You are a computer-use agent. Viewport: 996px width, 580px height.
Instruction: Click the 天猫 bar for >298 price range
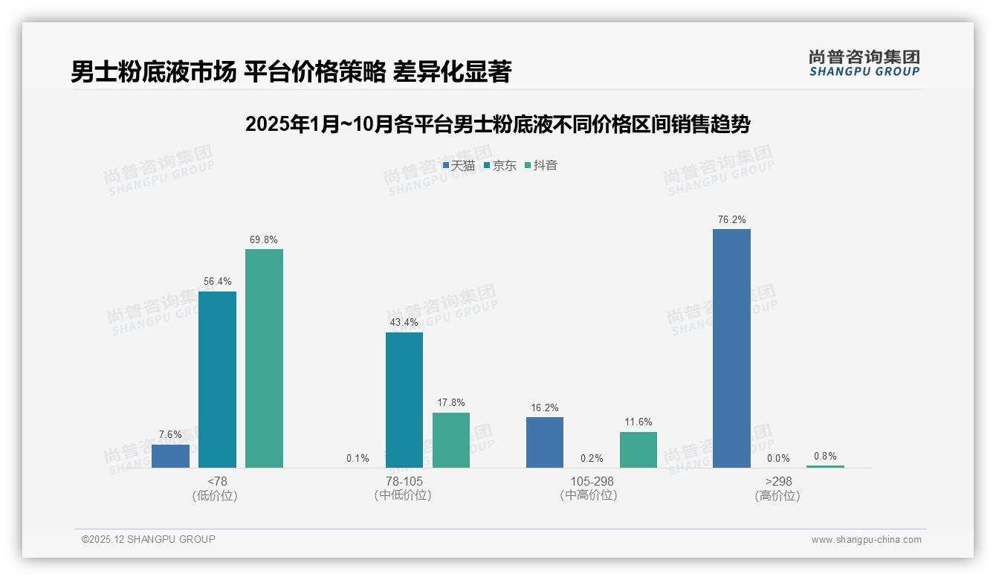coord(731,348)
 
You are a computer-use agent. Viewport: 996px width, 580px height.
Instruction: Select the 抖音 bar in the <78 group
coord(264,358)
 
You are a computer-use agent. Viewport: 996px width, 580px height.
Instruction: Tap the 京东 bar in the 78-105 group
coord(404,399)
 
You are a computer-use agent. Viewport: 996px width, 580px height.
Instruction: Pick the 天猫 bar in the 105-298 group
coord(545,442)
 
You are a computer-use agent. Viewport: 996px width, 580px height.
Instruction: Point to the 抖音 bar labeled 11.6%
coord(638,450)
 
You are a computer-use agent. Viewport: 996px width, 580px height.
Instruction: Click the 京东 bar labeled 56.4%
coord(217,379)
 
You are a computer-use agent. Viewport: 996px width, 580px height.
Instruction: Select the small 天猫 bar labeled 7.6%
coord(170,456)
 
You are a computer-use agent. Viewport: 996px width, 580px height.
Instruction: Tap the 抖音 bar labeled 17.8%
coord(451,440)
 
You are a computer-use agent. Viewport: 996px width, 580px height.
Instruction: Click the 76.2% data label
coord(731,219)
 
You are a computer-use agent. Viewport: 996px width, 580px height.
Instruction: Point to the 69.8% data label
coord(264,239)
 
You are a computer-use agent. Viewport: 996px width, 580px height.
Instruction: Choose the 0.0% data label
coord(778,458)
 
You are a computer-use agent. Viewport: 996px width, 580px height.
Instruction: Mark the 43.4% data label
coord(404,323)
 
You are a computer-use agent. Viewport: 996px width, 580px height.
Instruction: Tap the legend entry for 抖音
coord(541,165)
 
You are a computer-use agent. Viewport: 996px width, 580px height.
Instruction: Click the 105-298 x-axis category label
coord(592,481)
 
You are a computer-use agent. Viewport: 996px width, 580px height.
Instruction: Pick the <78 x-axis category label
coord(217,481)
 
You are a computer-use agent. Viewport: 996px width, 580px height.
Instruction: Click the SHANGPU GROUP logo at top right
coord(864,63)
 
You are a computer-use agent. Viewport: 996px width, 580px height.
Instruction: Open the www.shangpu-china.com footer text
coord(866,539)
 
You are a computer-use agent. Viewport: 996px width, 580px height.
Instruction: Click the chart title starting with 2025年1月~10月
coord(497,124)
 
